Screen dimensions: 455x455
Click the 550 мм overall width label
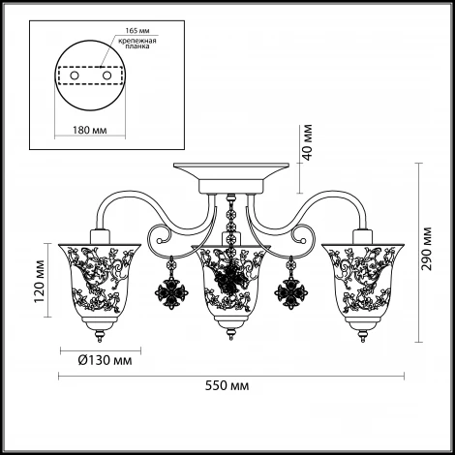227,386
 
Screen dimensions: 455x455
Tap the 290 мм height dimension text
427,249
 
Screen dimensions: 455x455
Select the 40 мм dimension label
308,142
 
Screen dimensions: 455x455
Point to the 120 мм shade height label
40,282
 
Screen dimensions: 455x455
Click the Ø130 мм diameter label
105,360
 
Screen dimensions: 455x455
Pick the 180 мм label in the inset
89,130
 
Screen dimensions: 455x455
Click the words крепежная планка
137,44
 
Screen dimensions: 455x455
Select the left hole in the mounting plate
75,76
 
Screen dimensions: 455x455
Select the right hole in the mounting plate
106,76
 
